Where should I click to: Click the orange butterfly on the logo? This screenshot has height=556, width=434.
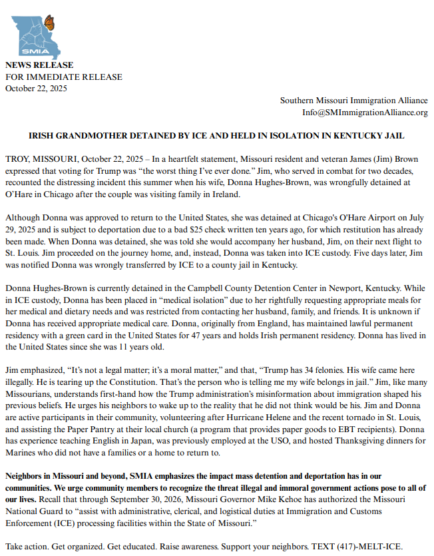click(49, 23)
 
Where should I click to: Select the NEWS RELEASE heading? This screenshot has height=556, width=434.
click(39, 65)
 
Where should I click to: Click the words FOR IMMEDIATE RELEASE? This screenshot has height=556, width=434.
click(64, 77)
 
